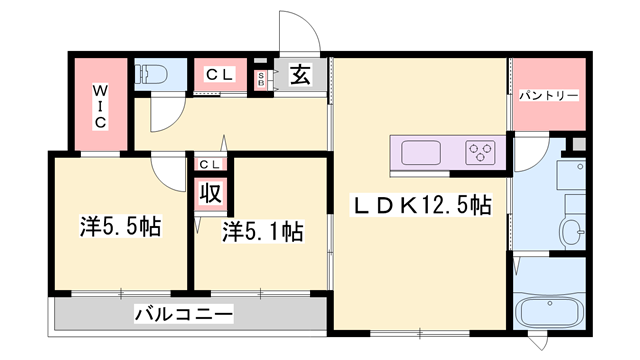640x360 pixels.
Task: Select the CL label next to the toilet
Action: [x=220, y=74]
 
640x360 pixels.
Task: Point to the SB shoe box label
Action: [x=262, y=78]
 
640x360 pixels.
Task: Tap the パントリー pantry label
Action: [x=548, y=96]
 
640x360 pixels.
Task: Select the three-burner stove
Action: [x=481, y=153]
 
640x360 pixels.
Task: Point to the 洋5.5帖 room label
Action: [x=119, y=227]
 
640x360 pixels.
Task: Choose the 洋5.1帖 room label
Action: [x=262, y=232]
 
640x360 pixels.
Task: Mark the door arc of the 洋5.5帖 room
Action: [x=167, y=172]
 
